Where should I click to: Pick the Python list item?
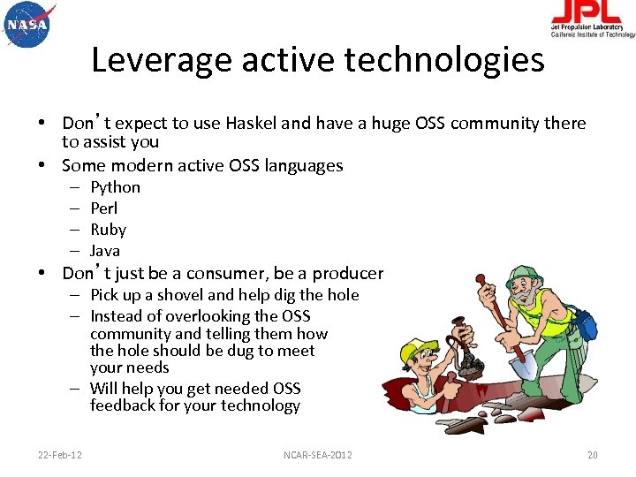click(115, 187)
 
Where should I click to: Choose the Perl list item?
click(103, 208)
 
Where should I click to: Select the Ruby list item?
click(108, 230)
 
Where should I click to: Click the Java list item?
click(105, 251)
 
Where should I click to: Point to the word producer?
click(348, 274)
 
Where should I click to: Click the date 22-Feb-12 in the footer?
click(60, 455)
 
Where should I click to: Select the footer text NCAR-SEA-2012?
click(317, 455)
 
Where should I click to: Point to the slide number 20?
click(592, 455)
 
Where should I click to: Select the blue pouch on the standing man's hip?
click(584, 324)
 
